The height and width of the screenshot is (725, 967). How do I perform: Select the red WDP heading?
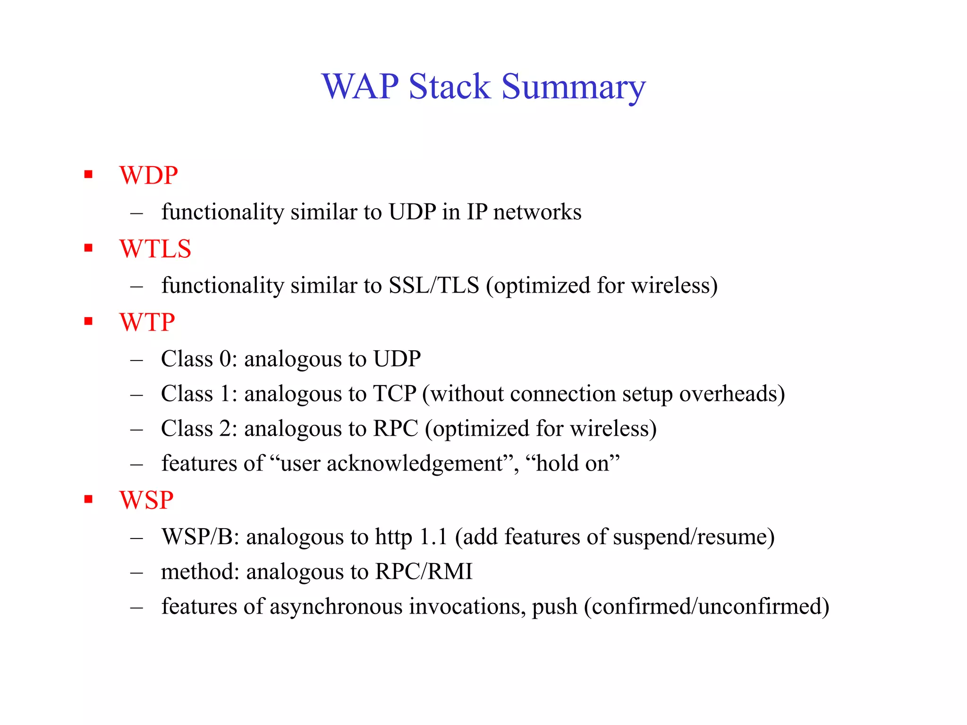(148, 176)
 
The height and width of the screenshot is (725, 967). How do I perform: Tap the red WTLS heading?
(155, 249)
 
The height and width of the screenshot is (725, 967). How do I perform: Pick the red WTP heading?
(147, 323)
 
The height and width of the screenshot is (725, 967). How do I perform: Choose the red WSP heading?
(146, 500)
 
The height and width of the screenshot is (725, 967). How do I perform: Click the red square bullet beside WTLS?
(88, 248)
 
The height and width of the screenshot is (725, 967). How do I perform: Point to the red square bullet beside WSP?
(88, 499)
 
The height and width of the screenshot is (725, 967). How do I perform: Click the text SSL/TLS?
(433, 286)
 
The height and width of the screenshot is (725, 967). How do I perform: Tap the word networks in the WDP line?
(537, 212)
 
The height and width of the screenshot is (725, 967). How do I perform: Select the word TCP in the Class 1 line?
(395, 394)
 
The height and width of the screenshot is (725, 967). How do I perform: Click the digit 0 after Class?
(225, 359)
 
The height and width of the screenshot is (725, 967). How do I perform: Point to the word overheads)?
(732, 394)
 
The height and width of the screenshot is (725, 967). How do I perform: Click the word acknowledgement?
(415, 464)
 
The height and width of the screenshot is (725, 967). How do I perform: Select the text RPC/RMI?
(424, 572)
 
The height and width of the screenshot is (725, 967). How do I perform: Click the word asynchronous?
(336, 607)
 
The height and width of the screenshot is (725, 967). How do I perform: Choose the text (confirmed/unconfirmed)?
(706, 607)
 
